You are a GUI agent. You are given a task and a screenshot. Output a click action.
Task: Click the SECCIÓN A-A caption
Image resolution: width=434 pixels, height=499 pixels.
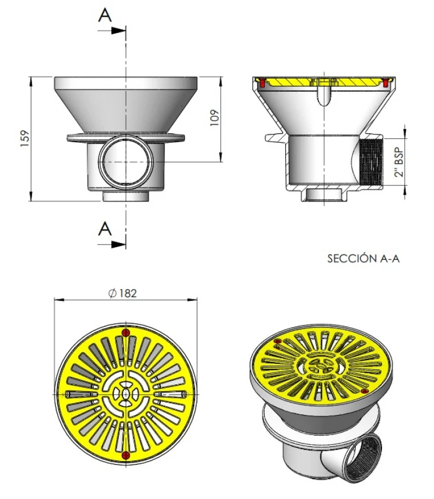coord(363,259)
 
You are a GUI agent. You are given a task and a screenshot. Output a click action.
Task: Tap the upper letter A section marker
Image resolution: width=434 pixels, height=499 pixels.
coord(105,15)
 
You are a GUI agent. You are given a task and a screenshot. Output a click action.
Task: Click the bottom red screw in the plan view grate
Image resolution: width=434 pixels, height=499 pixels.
coord(126,455)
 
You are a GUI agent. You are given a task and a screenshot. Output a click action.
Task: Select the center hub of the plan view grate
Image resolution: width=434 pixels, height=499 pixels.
coord(126,393)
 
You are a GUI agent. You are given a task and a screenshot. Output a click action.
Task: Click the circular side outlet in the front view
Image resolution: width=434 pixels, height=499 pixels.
coord(126,162)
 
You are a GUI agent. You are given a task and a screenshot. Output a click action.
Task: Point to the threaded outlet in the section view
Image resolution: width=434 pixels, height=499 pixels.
coord(372,162)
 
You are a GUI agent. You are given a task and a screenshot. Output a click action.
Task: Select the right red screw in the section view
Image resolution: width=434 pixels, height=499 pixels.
coord(386,83)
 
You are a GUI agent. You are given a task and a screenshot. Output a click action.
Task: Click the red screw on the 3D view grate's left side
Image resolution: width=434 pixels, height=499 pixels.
coord(278,341)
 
